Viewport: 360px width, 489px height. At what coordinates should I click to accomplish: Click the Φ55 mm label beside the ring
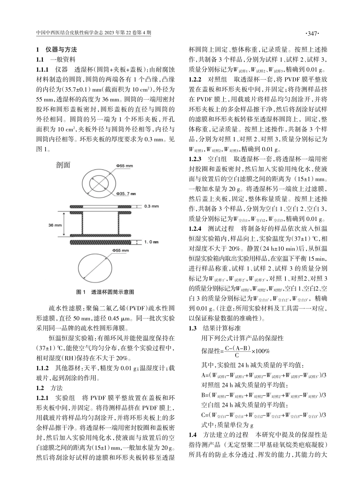pyautogui.click(x=125, y=166)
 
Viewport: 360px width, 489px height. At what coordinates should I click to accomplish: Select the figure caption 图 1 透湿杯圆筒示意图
pyautogui.click(x=105, y=292)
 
